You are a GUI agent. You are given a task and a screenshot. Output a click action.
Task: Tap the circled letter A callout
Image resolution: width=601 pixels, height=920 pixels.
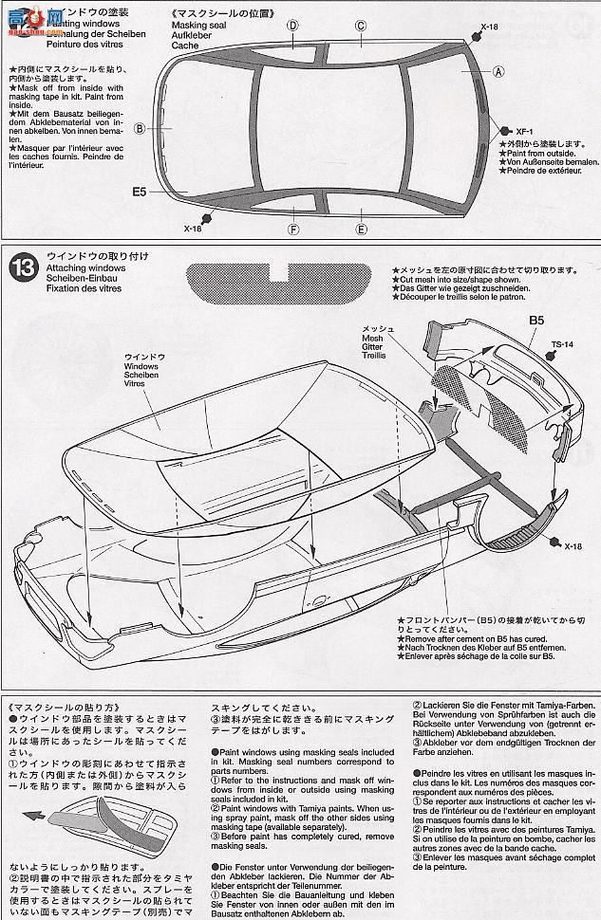498,71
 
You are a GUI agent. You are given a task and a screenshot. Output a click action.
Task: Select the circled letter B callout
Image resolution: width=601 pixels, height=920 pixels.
139,129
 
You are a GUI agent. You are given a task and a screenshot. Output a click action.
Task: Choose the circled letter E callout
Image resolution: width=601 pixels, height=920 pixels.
361,229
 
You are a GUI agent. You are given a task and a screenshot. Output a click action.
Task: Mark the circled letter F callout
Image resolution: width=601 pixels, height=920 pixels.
293,229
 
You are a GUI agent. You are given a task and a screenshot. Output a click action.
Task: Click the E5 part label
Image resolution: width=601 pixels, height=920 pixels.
140,192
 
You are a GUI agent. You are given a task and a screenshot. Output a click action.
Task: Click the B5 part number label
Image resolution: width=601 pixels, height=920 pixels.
536,321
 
